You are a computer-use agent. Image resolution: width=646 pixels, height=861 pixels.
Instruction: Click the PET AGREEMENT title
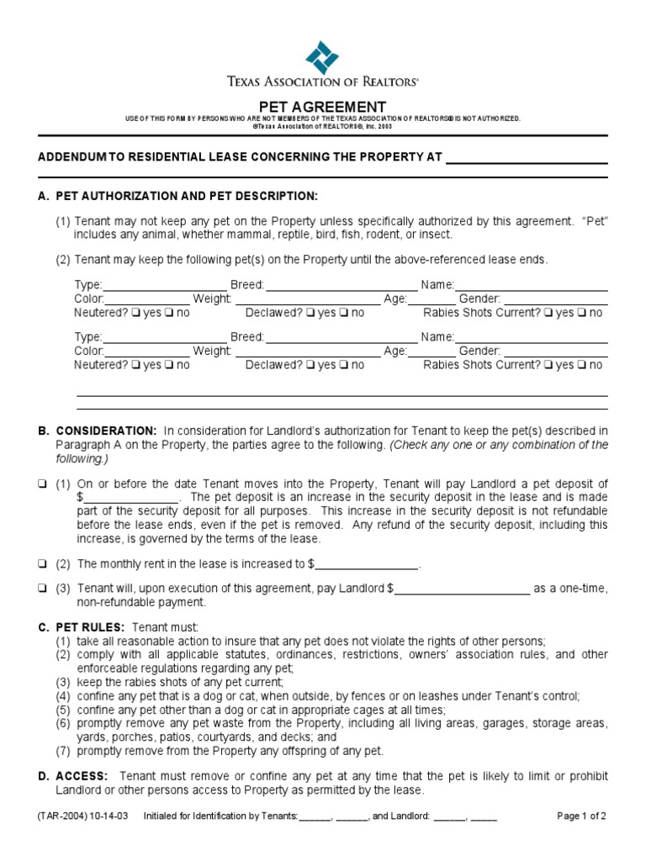pyautogui.click(x=322, y=107)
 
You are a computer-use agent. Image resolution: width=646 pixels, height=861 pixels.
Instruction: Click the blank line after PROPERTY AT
pyautogui.click(x=526, y=157)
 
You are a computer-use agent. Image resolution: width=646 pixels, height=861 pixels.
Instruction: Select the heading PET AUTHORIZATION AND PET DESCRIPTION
pyautogui.click(x=187, y=196)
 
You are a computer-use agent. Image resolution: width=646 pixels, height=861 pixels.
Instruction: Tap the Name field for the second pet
pyautogui.click(x=531, y=337)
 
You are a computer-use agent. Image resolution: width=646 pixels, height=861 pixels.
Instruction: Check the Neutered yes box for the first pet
pyautogui.click(x=135, y=313)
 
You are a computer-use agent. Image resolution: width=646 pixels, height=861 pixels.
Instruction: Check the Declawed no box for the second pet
pyautogui.click(x=345, y=365)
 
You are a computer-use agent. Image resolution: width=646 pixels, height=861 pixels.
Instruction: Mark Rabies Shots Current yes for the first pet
pyautogui.click(x=548, y=313)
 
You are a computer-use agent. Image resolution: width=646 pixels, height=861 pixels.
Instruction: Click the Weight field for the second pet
pyautogui.click(x=307, y=351)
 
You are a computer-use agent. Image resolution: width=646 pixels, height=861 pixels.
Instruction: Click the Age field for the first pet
pyautogui.click(x=432, y=299)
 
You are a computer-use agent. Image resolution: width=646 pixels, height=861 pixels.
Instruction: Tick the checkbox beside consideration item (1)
pyautogui.click(x=42, y=484)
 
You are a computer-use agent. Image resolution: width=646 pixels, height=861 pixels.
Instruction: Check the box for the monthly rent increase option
pyautogui.click(x=42, y=563)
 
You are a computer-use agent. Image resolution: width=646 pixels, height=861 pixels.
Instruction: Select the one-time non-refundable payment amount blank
pyautogui.click(x=462, y=589)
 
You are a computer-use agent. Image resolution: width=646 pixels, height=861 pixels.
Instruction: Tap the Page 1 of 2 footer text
pyautogui.click(x=582, y=816)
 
